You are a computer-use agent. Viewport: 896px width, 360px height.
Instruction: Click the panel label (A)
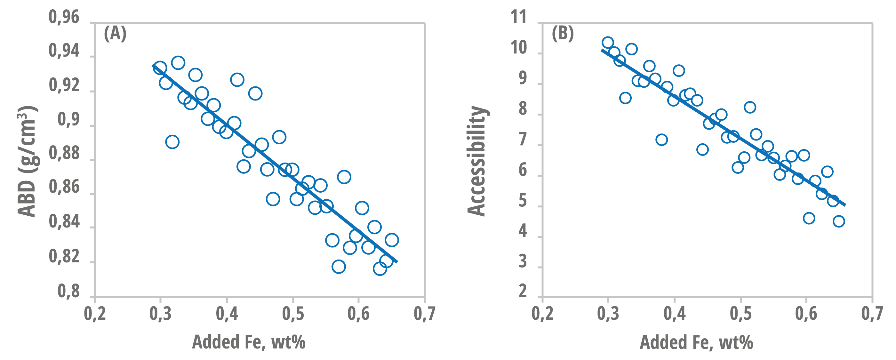coord(115,34)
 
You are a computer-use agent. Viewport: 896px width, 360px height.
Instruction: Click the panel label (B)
coord(563,34)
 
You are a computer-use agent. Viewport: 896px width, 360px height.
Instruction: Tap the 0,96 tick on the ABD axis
coord(64,17)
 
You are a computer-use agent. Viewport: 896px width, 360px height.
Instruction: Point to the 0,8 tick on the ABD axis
coord(68,291)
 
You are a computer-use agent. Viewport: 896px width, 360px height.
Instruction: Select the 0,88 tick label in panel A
coord(64,153)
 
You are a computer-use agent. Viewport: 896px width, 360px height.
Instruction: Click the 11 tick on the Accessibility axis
coord(519,17)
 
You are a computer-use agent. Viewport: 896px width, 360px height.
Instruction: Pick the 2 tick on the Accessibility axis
coord(523,291)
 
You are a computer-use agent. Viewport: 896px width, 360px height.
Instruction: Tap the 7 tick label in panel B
coord(523,140)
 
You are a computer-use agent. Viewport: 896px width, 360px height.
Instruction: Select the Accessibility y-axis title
coord(476,161)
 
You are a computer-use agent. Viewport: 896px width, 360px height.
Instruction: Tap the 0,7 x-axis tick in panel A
coord(424,313)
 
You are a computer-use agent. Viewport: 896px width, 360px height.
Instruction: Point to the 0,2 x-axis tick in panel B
coord(543,313)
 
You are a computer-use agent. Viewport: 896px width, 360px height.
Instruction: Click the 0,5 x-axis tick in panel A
coord(293,313)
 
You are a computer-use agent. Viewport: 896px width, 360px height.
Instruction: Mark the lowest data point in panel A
coord(380,268)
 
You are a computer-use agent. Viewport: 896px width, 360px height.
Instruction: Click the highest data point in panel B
coord(608,43)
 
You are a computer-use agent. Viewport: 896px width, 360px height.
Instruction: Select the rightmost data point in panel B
coord(839,221)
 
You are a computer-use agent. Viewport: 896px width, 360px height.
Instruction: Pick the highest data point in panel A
coord(178,63)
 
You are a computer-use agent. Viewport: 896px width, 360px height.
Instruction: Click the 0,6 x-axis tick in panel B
coord(806,313)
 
